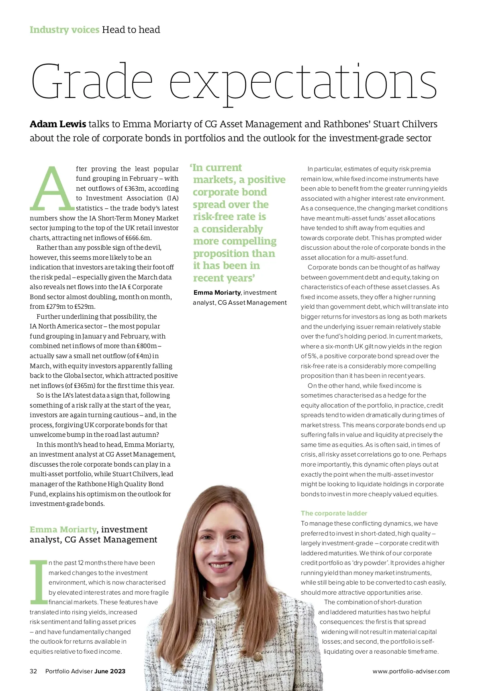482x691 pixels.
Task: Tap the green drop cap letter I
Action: [x=39, y=582]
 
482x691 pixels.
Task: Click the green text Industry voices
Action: [x=64, y=30]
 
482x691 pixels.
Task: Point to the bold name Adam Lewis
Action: [x=58, y=124]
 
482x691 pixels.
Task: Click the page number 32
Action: [x=33, y=671]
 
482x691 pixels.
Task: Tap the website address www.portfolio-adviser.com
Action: [x=411, y=671]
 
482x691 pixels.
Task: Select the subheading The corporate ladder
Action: [x=334, y=513]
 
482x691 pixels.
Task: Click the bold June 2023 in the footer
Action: [x=110, y=671]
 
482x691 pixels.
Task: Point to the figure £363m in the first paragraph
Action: [x=134, y=188]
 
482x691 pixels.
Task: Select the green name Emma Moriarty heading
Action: [x=63, y=530]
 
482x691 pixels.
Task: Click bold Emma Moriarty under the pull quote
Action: [x=217, y=293]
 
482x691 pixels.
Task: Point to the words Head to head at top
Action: [x=131, y=30]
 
